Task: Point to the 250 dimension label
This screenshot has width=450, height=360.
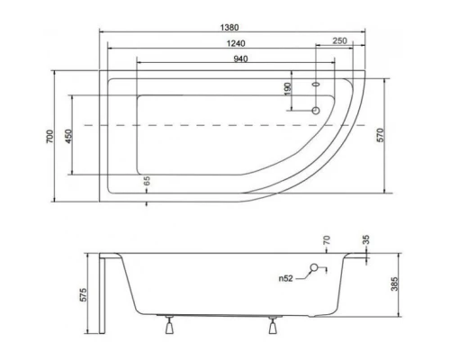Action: (x=339, y=42)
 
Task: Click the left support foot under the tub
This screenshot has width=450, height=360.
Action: (x=168, y=326)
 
